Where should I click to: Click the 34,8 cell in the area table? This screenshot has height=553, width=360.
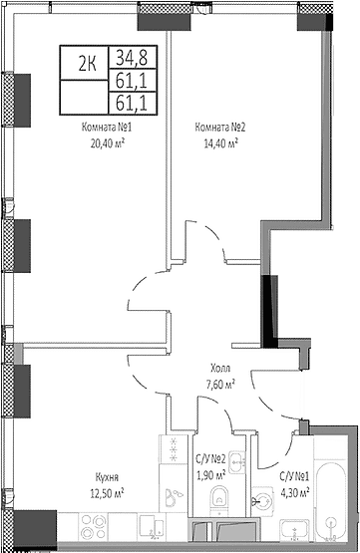[132, 57]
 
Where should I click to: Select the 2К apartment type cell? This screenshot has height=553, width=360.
[87, 64]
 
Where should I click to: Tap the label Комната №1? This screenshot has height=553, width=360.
[107, 127]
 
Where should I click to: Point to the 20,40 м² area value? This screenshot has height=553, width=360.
[108, 143]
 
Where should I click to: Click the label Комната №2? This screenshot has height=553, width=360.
[219, 127]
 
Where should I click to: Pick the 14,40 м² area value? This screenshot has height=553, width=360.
[221, 143]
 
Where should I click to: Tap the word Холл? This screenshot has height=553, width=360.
[220, 369]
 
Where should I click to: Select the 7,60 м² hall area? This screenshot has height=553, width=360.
[220, 384]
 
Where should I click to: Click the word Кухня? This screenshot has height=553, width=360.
[107, 478]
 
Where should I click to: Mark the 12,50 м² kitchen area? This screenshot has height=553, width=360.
[108, 494]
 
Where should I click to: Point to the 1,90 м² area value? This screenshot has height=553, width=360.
[210, 475]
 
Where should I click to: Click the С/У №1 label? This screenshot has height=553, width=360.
[294, 477]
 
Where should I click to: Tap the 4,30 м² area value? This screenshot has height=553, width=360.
[295, 492]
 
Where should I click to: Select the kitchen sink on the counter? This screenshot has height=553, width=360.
[152, 527]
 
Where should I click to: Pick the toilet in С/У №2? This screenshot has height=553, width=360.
[220, 500]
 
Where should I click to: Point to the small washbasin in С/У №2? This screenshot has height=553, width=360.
[237, 461]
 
